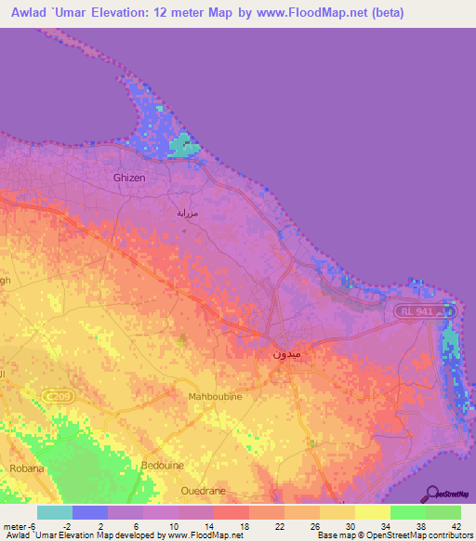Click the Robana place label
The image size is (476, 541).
(x=27, y=468)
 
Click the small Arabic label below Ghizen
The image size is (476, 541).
(x=188, y=213)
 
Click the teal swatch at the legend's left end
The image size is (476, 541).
(x=55, y=512)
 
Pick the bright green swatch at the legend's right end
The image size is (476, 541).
(x=443, y=512)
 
